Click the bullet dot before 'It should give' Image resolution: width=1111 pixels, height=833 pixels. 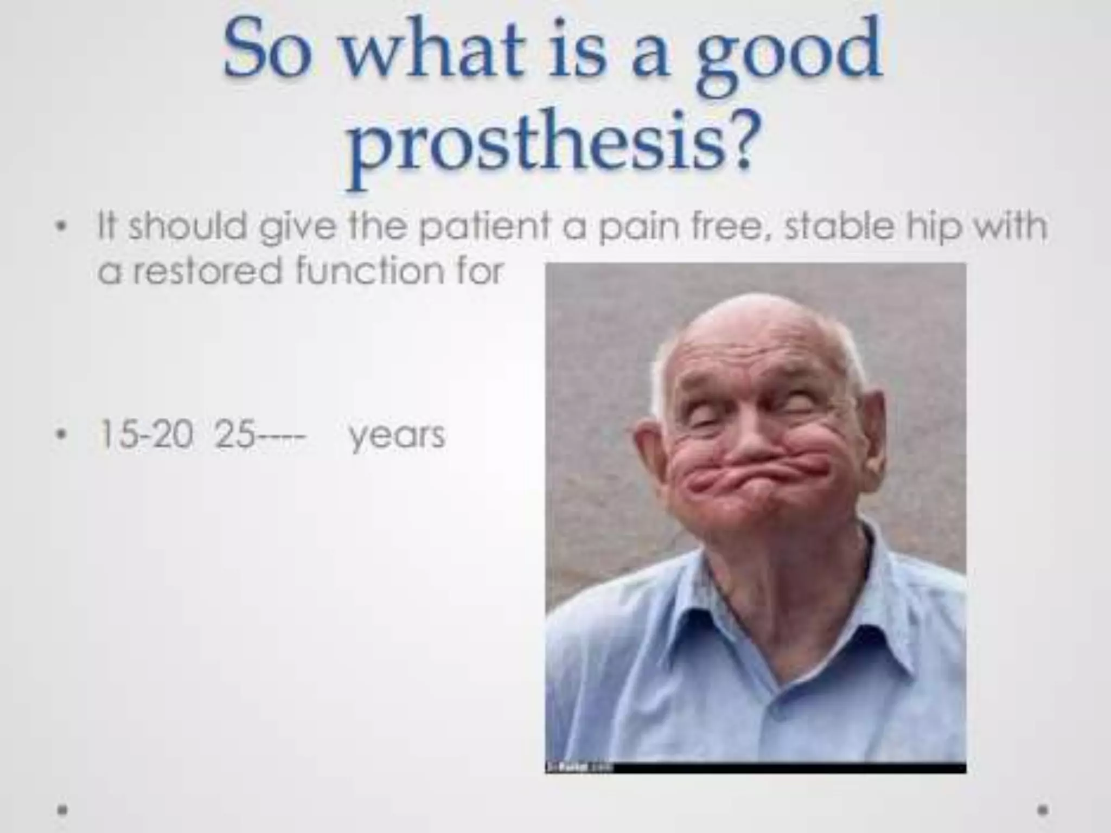[63, 227]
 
